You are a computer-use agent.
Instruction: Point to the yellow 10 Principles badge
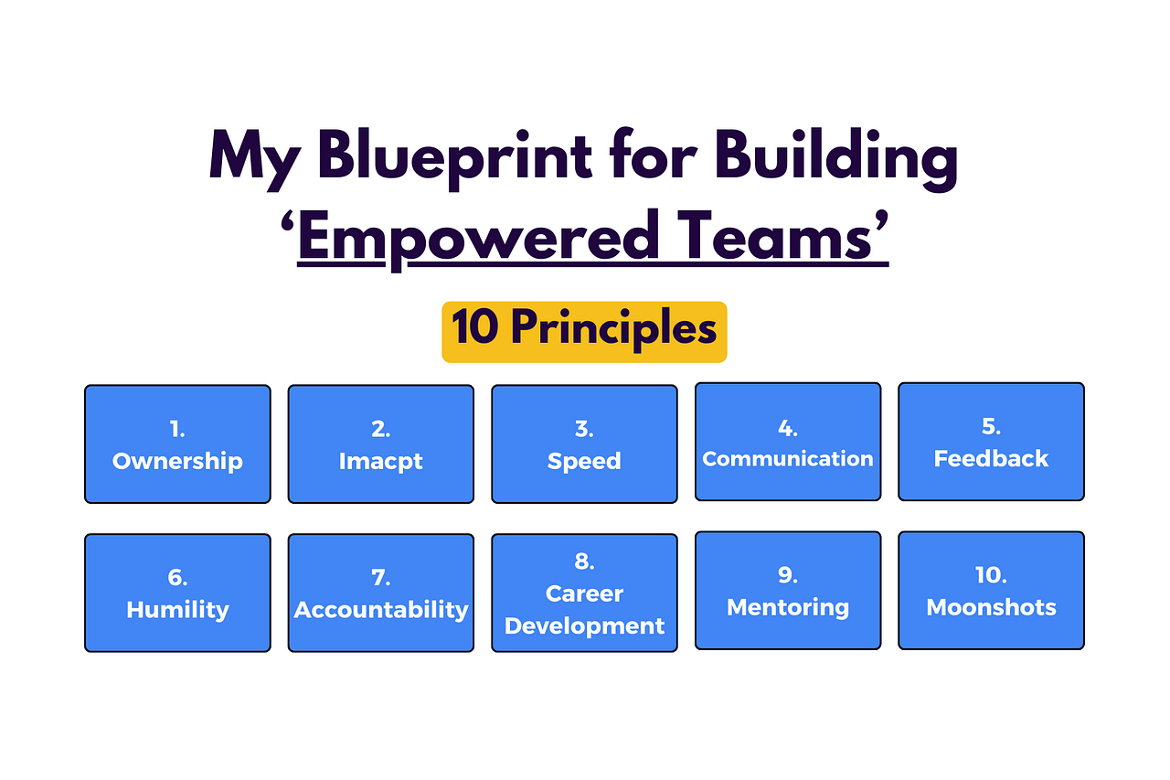(584, 332)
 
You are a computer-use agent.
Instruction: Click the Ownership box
(177, 444)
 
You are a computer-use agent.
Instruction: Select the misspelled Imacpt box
(381, 444)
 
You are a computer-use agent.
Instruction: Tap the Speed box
(584, 444)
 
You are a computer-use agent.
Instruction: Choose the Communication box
(788, 442)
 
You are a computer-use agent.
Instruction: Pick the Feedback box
(992, 442)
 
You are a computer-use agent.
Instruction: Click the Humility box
(177, 593)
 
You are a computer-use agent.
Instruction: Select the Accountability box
(381, 593)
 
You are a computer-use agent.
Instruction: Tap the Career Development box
(584, 593)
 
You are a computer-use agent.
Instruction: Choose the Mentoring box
(788, 591)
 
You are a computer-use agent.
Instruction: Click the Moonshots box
(992, 591)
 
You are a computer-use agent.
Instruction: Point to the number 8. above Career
(584, 561)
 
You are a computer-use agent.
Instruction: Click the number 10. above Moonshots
(992, 575)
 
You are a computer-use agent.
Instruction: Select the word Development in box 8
(584, 626)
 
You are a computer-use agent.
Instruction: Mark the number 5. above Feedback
(992, 426)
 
